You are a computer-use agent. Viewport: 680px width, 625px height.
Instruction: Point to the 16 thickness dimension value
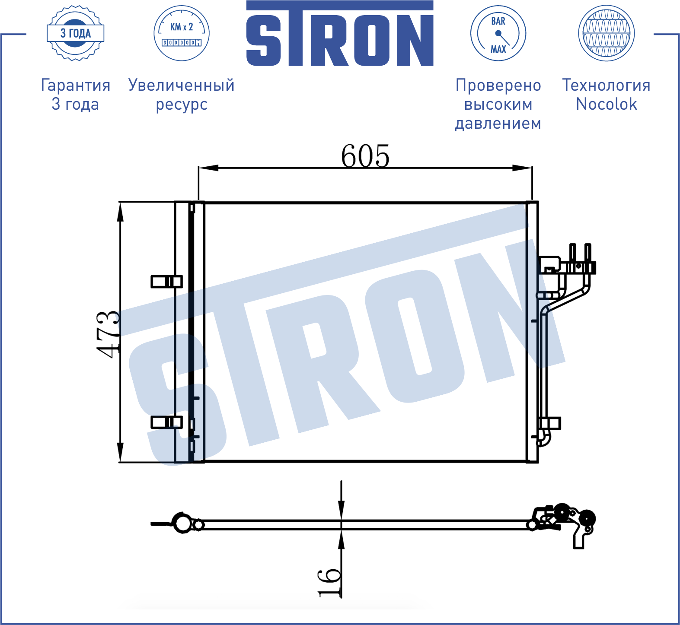pyautogui.click(x=329, y=583)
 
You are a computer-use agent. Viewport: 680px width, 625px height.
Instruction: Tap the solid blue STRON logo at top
pyautogui.click(x=340, y=33)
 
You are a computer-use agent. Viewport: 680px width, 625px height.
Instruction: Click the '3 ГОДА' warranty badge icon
pyautogui.click(x=76, y=33)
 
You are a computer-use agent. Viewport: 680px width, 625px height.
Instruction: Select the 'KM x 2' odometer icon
pyautogui.click(x=182, y=33)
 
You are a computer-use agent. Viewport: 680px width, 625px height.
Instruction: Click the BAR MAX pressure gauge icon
pyautogui.click(x=498, y=33)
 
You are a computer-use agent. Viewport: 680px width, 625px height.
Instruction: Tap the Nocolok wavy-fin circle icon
pyautogui.click(x=607, y=33)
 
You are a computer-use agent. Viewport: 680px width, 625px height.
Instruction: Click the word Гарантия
pyautogui.click(x=76, y=86)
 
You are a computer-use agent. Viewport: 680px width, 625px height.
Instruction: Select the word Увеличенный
pyautogui.click(x=182, y=86)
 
